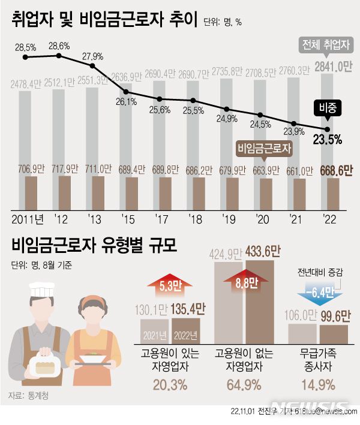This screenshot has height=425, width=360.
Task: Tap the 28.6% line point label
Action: pos(59,46)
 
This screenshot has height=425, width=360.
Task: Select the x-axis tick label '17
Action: pos(159,219)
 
